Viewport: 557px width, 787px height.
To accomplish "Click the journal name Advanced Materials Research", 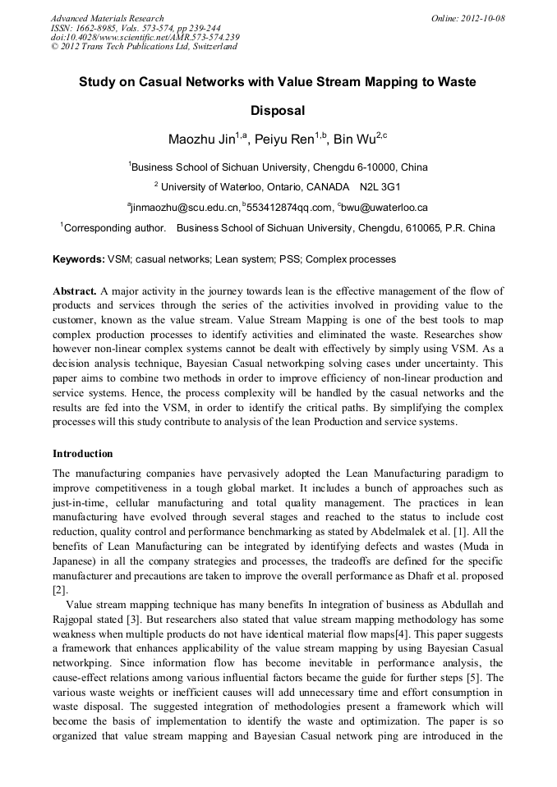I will (x=107, y=18).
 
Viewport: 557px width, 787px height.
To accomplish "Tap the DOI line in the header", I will (x=145, y=37).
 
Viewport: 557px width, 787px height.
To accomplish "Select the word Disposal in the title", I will (x=278, y=110).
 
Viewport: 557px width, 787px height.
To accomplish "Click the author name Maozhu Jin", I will (x=200, y=139).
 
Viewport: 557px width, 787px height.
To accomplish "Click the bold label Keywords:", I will (x=79, y=259).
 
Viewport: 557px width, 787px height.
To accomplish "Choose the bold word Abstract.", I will (x=74, y=291).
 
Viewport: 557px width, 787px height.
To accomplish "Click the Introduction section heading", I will (x=83, y=454).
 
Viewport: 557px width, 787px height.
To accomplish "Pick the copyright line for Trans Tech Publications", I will (x=144, y=47).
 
